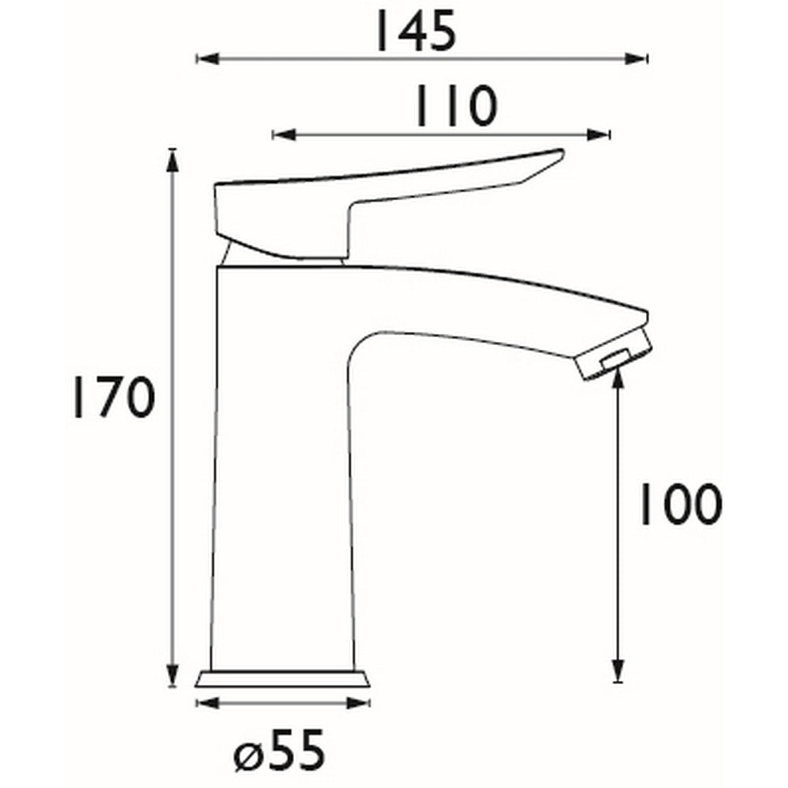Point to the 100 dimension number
pyautogui.click(x=678, y=505)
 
